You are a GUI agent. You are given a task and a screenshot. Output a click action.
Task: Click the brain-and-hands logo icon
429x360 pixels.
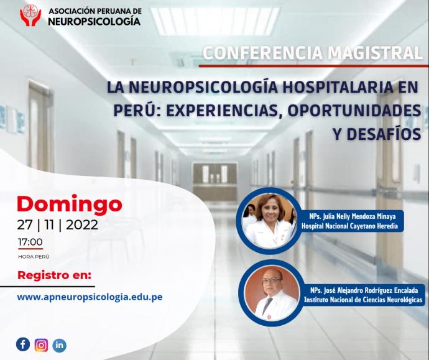coord(30,16)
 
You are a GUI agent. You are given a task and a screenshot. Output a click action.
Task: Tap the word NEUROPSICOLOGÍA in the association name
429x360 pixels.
coord(95,21)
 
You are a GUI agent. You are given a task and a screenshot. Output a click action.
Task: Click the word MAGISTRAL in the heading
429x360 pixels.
coord(376,53)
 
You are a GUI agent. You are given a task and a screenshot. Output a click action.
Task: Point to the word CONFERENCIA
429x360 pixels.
coord(263,53)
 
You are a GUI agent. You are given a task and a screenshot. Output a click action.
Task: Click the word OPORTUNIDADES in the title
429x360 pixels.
coord(354,110)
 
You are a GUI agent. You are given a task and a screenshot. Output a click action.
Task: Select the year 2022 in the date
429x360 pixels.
coord(82,225)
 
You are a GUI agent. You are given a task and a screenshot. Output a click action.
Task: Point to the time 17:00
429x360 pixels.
coord(30,242)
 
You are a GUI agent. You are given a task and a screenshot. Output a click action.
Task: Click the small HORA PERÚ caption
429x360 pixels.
coord(34,257)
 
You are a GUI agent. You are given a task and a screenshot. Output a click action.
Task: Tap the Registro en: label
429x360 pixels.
coord(55,275)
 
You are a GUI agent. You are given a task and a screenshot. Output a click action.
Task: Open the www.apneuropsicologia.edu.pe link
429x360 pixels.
coord(90,297)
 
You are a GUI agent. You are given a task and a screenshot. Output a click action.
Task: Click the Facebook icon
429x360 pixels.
coord(23,344)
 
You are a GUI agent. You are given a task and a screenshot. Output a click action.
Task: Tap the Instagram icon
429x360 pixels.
coord(41,345)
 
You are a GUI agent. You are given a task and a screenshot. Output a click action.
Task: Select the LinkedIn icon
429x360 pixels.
coord(59,345)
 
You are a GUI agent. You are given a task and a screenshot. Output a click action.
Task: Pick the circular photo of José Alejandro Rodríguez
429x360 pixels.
coord(272,293)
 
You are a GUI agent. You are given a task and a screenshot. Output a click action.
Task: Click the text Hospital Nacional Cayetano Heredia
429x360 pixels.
coord(349,226)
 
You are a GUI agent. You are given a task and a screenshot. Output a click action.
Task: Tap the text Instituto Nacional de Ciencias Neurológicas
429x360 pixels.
coord(363,300)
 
